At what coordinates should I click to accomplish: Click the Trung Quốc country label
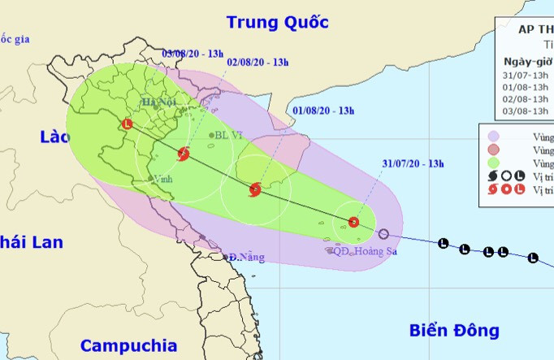tap(278, 22)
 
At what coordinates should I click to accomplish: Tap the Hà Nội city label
tap(158, 102)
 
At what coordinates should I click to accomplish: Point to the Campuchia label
tap(128, 343)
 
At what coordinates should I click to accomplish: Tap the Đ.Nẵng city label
tap(247, 258)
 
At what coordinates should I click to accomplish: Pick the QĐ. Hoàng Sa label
tap(364, 251)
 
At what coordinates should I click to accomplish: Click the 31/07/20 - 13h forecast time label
tap(413, 163)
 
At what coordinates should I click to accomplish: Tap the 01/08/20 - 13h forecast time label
tap(323, 110)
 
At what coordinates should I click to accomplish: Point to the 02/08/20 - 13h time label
tap(258, 61)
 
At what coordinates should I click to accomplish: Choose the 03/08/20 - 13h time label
tap(193, 54)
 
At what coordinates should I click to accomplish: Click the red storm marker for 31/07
tap(353, 222)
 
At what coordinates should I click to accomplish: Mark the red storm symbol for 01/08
tap(255, 189)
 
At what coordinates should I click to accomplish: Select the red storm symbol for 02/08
tap(184, 153)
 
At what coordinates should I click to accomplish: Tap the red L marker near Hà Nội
tap(126, 125)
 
